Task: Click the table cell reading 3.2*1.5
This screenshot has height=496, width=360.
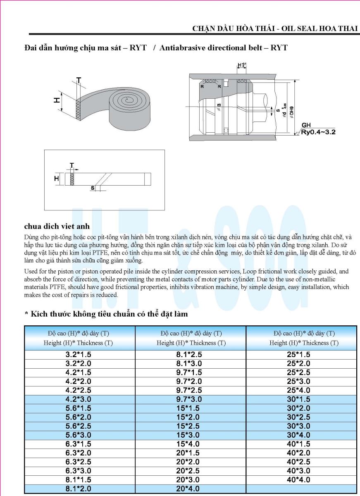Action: [78, 355]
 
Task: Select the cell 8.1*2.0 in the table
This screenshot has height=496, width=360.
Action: [78, 489]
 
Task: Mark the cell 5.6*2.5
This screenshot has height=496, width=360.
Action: [78, 426]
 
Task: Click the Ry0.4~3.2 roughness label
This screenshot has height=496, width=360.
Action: [319, 133]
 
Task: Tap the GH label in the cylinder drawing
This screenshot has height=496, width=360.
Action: [306, 125]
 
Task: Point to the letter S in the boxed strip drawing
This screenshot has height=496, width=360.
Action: [93, 188]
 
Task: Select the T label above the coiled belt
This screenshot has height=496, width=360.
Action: [79, 79]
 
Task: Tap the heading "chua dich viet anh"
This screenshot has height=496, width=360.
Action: [57, 226]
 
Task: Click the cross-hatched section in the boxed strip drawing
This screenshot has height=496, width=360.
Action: [72, 179]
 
